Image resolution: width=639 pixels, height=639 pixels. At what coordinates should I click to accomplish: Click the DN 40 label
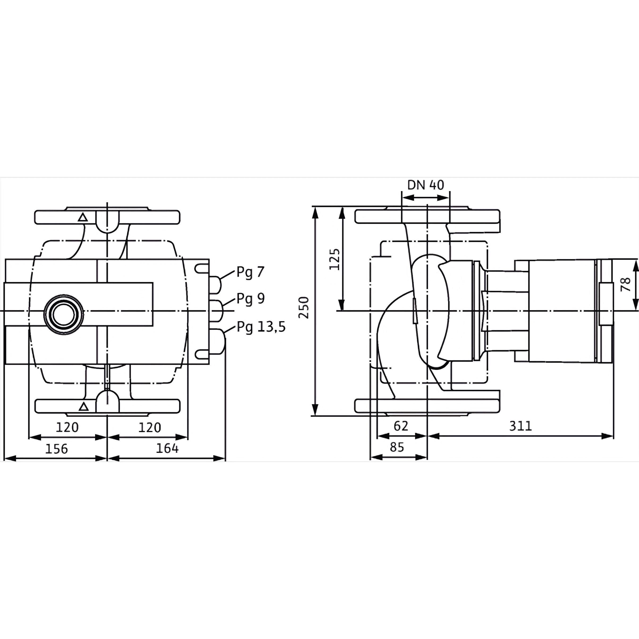point(425,185)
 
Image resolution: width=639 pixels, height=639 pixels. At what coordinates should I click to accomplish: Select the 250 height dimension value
point(304,308)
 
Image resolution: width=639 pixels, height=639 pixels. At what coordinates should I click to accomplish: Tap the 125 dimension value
point(335,259)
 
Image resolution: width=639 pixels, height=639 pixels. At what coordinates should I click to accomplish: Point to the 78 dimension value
point(626,284)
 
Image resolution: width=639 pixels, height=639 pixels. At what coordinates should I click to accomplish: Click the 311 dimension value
point(521,426)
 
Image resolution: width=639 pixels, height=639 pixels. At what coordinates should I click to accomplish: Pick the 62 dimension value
point(401,426)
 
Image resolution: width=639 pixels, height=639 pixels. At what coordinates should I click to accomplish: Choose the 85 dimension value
point(397,447)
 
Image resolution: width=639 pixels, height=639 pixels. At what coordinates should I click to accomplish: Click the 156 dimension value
point(56,449)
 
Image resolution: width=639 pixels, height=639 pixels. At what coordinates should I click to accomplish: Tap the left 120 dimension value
point(67,428)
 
